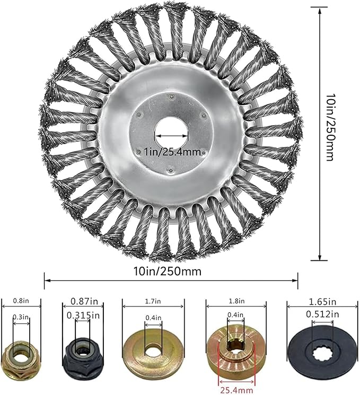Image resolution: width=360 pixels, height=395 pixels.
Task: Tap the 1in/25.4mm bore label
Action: tap(172, 152)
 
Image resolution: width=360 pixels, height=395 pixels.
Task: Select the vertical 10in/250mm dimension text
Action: tap(330, 128)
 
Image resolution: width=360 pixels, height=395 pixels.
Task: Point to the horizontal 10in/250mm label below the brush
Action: tap(168, 271)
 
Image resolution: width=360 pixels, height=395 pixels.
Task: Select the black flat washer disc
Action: tap(323, 354)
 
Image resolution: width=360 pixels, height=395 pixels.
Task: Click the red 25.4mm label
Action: tap(236, 390)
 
